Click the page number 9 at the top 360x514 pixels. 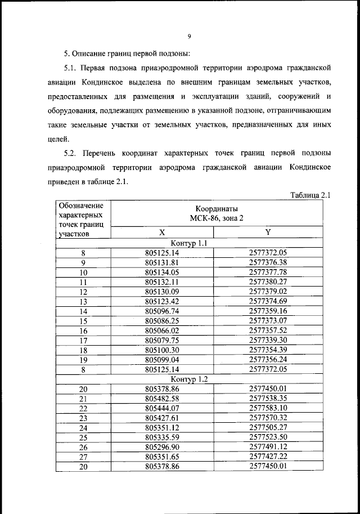(189, 37)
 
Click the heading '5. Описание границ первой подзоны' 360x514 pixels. (127, 54)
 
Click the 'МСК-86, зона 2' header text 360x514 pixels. (217, 217)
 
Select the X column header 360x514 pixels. (162, 232)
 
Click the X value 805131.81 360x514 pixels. (162, 262)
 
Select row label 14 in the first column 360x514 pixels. (83, 311)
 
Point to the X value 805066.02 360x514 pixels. (162, 330)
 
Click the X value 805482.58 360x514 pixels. (162, 399)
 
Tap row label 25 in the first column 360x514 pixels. (83, 437)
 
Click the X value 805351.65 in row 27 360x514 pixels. (162, 457)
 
